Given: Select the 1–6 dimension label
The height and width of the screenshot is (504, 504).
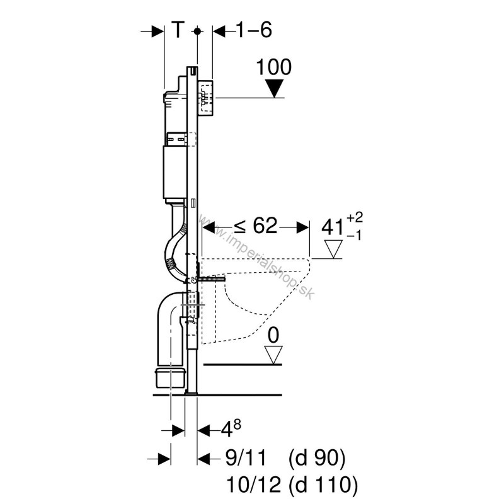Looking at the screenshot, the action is [x=254, y=30].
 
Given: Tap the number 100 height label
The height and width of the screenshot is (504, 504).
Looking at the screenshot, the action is [x=274, y=67].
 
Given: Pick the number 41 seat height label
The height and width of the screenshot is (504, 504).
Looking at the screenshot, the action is [x=333, y=227].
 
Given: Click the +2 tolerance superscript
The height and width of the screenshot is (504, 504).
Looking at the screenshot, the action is [x=355, y=217].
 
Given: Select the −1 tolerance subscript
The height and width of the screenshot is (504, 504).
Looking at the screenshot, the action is [x=354, y=236].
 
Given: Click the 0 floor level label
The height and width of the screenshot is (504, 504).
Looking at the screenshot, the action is [x=273, y=335].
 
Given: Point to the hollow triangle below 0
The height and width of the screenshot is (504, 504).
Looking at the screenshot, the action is [x=273, y=355].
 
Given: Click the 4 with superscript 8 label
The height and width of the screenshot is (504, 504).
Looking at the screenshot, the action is [x=231, y=428].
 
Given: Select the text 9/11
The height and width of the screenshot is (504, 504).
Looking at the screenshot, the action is [x=246, y=458].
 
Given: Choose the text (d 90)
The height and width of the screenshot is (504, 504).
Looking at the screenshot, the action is [x=317, y=459].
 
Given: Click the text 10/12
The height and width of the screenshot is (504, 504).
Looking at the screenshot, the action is [x=254, y=484].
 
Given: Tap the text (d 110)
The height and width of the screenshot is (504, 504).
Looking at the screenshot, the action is [x=323, y=485].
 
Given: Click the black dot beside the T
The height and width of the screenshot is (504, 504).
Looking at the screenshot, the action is [x=197, y=31].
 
